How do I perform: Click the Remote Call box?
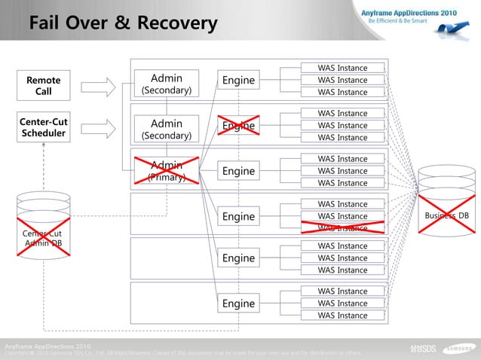[44, 86]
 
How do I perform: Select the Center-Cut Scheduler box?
[44, 128]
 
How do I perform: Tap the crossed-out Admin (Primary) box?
[167, 171]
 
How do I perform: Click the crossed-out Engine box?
[238, 126]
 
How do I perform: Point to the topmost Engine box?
[238, 81]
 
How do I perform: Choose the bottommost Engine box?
[238, 304]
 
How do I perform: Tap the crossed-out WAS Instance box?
[342, 228]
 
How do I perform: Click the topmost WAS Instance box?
[342, 69]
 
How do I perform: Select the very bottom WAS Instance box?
[342, 316]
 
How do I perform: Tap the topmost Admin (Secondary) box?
[167, 84]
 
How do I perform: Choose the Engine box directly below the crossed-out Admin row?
[238, 217]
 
